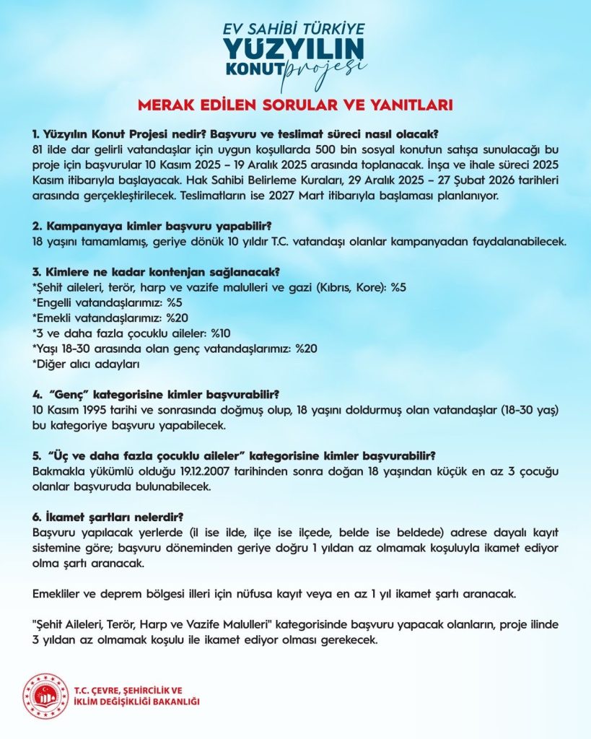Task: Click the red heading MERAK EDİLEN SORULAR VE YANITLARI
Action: coord(295,105)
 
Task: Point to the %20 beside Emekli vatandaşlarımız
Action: coord(180,318)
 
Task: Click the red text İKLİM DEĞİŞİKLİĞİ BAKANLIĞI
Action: coord(137,702)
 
